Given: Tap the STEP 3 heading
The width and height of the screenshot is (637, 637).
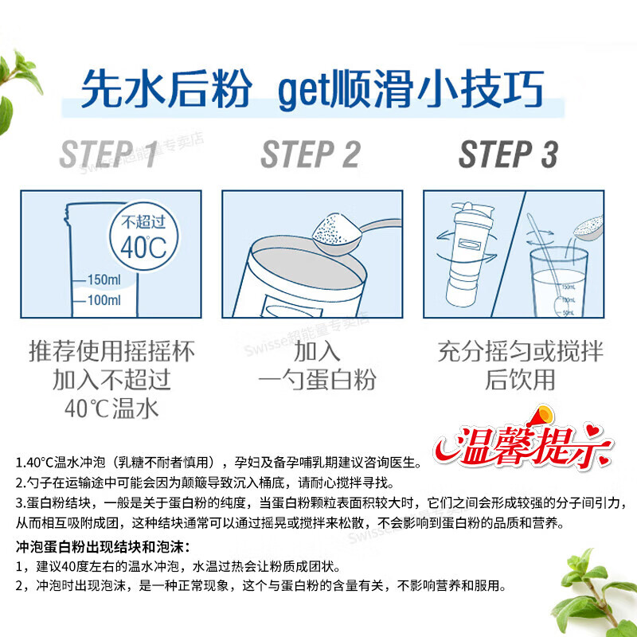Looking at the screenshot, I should [x=508, y=154].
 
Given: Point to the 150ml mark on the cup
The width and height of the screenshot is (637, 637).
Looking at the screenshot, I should [x=101, y=280].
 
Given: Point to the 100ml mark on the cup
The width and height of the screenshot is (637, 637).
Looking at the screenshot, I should [x=101, y=300].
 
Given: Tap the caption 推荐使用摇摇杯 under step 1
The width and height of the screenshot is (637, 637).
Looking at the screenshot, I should [x=111, y=351].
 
